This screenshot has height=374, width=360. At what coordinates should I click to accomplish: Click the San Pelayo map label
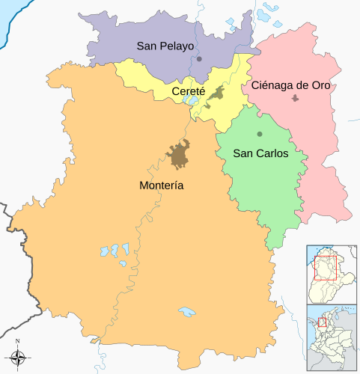pyautogui.click(x=165, y=46)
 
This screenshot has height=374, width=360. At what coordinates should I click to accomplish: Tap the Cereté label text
pyautogui.click(x=189, y=91)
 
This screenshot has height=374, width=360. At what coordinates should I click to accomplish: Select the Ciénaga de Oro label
pyautogui.click(x=291, y=85)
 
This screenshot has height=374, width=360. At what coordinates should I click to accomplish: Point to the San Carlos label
pyautogui.click(x=260, y=153)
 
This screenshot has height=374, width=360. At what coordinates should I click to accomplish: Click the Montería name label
pyautogui.click(x=162, y=185)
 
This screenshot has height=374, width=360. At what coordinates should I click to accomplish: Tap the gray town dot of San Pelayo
pyautogui.click(x=199, y=58)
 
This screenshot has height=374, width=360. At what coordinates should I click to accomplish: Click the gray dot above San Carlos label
pyautogui.click(x=260, y=134)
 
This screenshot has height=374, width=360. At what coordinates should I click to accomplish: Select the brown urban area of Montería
pyautogui.click(x=180, y=156)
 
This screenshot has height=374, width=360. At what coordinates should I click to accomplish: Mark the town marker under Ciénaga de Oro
pyautogui.click(x=296, y=98)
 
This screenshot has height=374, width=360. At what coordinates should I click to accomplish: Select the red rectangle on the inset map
pyautogui.click(x=326, y=267)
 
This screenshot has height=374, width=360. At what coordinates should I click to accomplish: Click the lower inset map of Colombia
pyautogui.click(x=332, y=339)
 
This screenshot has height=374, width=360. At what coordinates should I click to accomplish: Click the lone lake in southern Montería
pyautogui.click(x=186, y=310)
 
